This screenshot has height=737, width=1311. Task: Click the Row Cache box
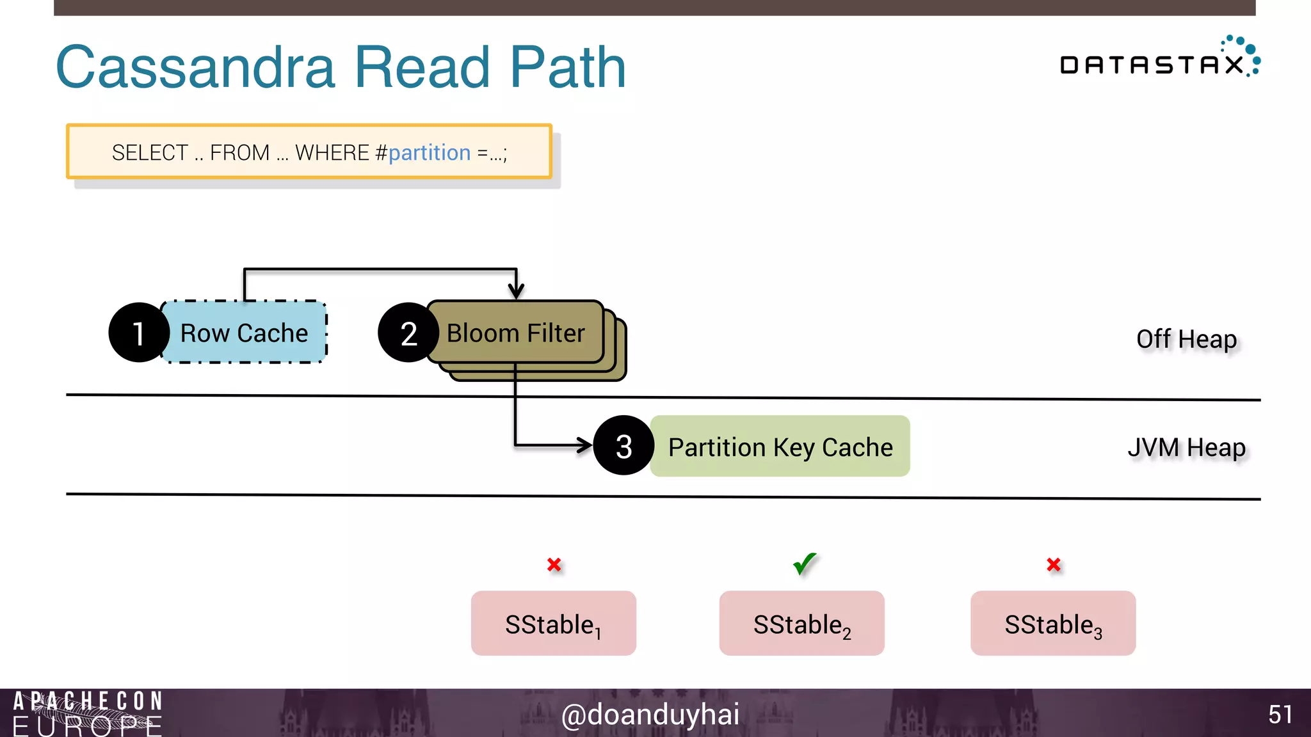[x=245, y=333]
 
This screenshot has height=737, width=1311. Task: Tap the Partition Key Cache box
[x=780, y=447]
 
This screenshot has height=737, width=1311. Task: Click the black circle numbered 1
[x=138, y=333]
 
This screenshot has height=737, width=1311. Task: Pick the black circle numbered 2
[x=408, y=333]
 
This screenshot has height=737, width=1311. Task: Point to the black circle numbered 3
[x=623, y=446]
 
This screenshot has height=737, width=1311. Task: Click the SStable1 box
[x=554, y=624]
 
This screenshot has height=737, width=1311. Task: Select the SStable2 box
[x=802, y=624]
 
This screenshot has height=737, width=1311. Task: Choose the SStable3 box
[x=1053, y=624]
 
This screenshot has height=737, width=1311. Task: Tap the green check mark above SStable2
[x=804, y=564]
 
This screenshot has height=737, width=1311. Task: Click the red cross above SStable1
[x=554, y=565]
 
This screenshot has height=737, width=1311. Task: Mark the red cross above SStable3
[x=1054, y=565]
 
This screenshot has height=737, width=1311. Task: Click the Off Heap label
[x=1186, y=339]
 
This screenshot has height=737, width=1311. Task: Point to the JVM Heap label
[x=1186, y=447]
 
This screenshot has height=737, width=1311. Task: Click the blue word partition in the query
[x=430, y=153]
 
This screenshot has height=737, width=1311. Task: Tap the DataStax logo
[x=1159, y=59]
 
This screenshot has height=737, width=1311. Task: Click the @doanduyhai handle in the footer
[x=650, y=715]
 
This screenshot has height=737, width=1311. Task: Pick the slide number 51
[x=1280, y=715]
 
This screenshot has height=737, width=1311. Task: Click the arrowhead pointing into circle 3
[x=585, y=445]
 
